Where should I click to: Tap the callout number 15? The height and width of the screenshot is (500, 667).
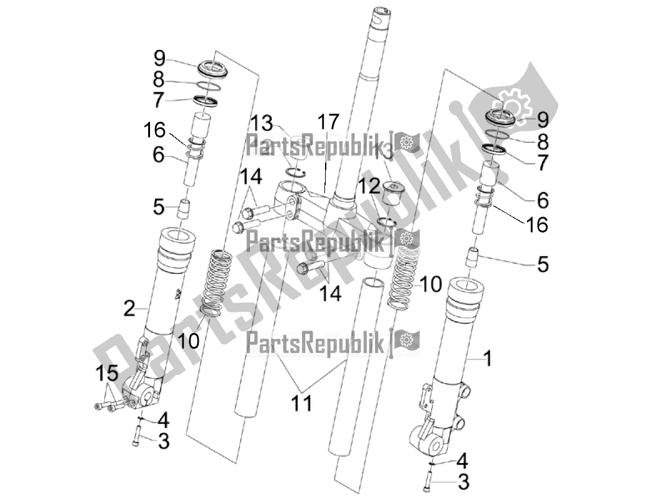tap(107, 375)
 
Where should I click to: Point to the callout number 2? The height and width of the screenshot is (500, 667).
tap(129, 307)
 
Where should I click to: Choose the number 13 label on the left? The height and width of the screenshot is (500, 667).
tap(263, 122)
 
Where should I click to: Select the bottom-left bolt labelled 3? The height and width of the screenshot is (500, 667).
tap(136, 438)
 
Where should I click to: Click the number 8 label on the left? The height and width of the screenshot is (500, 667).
tap(159, 79)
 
